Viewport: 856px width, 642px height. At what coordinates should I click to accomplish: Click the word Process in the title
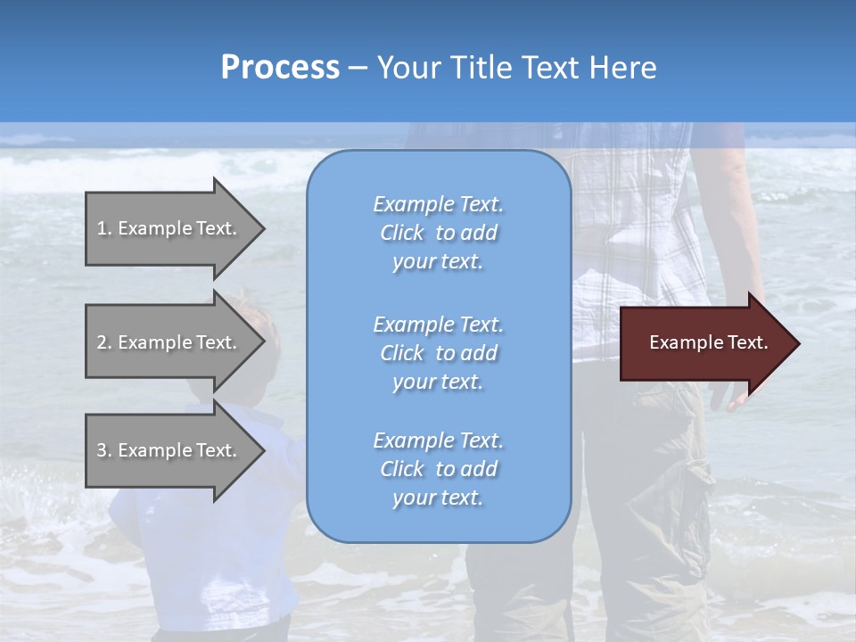(280, 68)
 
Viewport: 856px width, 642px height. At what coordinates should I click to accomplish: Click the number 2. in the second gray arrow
(104, 342)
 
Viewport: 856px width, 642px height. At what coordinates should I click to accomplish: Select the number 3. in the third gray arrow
(104, 450)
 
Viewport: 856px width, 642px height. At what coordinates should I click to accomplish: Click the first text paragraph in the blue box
(438, 233)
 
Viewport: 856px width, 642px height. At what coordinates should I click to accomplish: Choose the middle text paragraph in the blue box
(438, 353)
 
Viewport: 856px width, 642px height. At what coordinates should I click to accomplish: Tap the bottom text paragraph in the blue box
(438, 469)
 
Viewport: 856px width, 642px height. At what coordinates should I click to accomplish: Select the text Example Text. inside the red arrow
(708, 342)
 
